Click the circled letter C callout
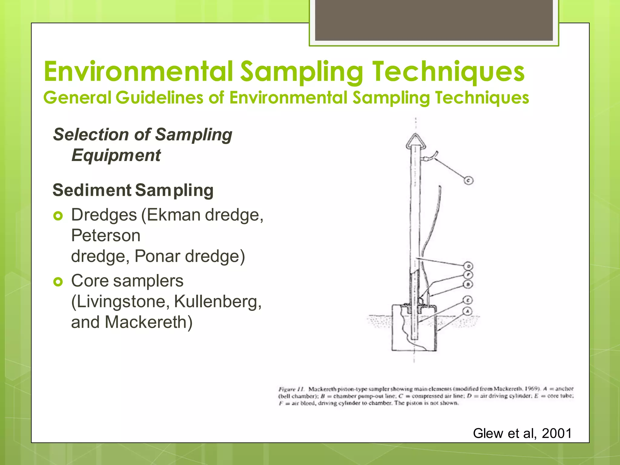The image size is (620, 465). (x=468, y=181)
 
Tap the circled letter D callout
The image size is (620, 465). (x=468, y=266)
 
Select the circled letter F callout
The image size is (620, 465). (x=468, y=275)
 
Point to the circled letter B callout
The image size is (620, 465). (x=468, y=284)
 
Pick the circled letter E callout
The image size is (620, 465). (x=468, y=300)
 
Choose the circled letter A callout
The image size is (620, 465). (x=467, y=311)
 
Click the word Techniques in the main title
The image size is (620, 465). (x=448, y=72)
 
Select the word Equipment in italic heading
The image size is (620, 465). (x=116, y=155)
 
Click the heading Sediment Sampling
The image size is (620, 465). (x=133, y=190)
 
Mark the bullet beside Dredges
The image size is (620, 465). (x=58, y=216)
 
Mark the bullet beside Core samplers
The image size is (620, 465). (x=58, y=282)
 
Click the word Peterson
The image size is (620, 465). (x=106, y=236)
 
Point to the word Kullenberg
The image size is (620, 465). (x=218, y=302)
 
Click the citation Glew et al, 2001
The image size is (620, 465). (x=522, y=433)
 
